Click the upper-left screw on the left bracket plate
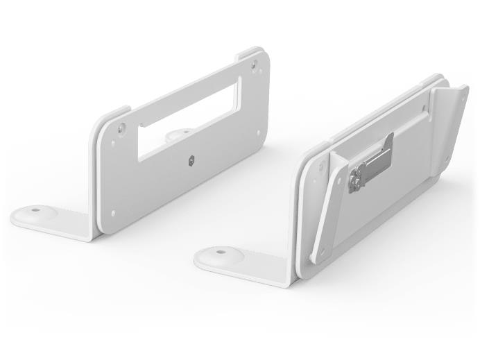pos(122,128)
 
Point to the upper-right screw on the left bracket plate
pos(254,65)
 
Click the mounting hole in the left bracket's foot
pos(35,209)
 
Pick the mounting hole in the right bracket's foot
pos(221,251)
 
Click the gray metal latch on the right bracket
pos(371,164)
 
